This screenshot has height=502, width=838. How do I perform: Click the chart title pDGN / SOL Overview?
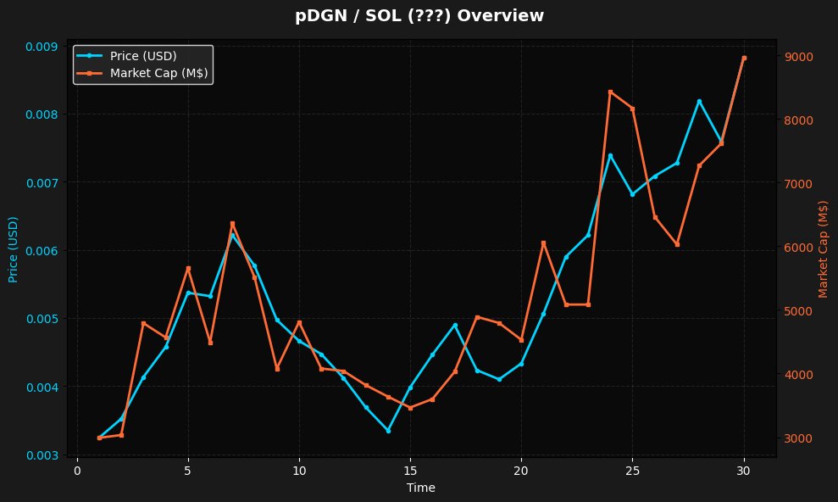tap(419, 16)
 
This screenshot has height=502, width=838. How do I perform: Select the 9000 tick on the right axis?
tap(799, 57)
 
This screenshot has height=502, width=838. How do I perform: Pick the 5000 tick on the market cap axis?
tap(799, 311)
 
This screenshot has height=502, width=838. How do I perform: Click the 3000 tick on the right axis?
tap(799, 438)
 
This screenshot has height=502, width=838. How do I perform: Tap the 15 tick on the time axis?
tap(410, 471)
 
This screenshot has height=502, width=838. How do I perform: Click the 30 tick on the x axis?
tap(744, 471)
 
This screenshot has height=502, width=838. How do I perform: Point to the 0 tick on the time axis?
tap(77, 471)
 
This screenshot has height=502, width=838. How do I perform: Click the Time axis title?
tap(421, 488)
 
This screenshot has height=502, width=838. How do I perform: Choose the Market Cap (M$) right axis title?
tap(823, 249)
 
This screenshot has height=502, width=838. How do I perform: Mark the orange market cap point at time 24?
tap(610, 92)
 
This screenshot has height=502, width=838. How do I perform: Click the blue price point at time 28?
tap(699, 101)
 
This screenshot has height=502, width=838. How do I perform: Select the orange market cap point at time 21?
tap(543, 243)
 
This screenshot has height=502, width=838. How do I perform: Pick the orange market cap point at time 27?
tap(677, 244)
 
